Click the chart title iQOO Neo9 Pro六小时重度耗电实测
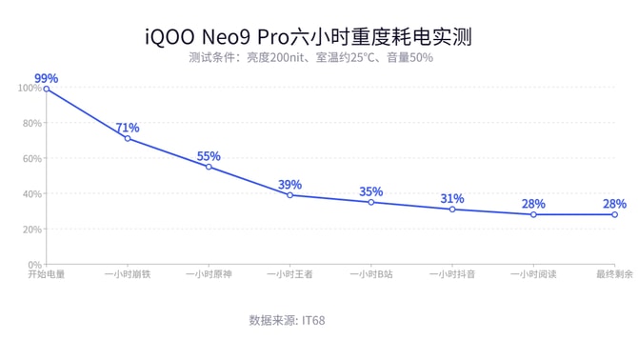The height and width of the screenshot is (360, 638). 309,36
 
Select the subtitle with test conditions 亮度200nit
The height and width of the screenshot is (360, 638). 310,58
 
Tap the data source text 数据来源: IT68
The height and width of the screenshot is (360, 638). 287,320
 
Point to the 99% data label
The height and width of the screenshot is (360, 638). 46,78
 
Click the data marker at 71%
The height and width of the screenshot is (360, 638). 128,139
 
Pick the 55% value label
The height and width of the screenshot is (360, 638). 209,156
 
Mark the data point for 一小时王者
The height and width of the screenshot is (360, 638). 289,195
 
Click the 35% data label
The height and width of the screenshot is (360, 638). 370,191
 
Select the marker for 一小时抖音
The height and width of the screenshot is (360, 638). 452,210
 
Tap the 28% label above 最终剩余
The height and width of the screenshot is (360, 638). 614,204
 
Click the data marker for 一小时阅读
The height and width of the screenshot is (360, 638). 533,215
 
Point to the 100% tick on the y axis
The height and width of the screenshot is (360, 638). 29,89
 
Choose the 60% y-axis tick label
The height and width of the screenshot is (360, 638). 31,159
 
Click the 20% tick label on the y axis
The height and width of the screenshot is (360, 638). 31,230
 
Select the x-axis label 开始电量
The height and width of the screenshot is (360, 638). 46,274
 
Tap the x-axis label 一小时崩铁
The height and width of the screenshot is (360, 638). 128,274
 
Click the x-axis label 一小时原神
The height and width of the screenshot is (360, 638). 209,274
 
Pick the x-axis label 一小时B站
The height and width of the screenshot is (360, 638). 370,274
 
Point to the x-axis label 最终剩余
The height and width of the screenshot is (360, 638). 614,274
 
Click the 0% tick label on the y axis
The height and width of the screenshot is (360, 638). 33,265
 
